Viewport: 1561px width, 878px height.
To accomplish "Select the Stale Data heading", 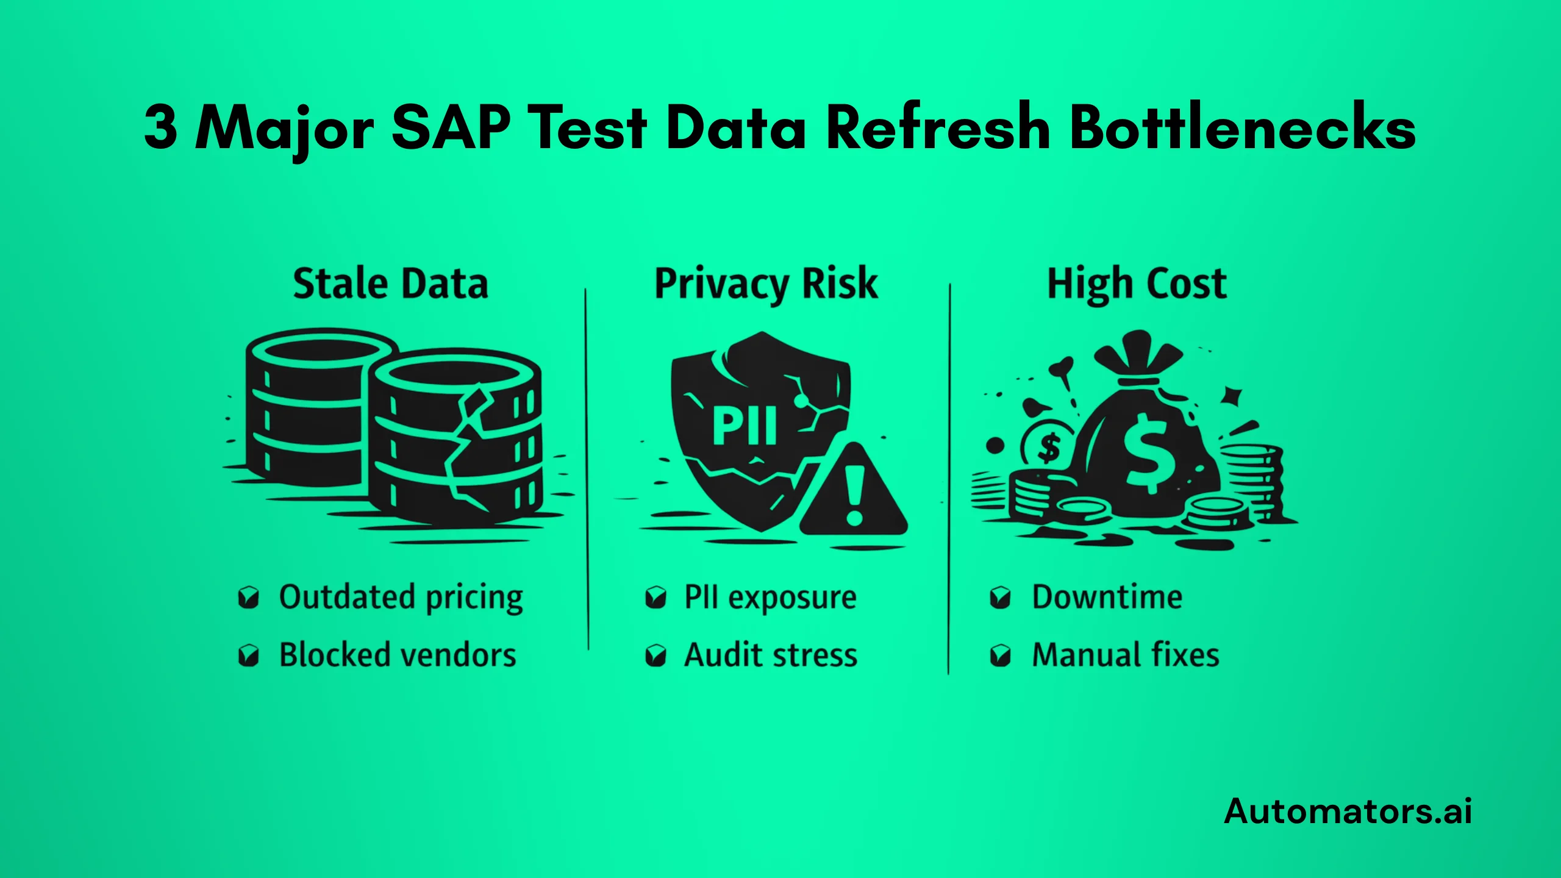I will (391, 284).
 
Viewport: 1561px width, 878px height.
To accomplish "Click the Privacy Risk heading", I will (766, 284).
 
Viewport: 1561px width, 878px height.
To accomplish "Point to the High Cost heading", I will (1137, 284).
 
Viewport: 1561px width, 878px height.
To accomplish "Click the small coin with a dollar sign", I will (1049, 448).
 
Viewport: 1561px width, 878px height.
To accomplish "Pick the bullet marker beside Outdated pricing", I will (248, 598).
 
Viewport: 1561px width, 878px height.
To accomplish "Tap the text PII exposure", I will (770, 598).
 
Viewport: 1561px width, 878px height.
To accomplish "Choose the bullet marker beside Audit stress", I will (655, 656).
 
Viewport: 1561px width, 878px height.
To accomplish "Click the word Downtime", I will (1107, 597).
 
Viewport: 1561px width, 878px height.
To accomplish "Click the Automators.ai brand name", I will (1348, 812).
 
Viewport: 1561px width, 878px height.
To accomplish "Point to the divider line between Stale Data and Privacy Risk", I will (587, 469).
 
